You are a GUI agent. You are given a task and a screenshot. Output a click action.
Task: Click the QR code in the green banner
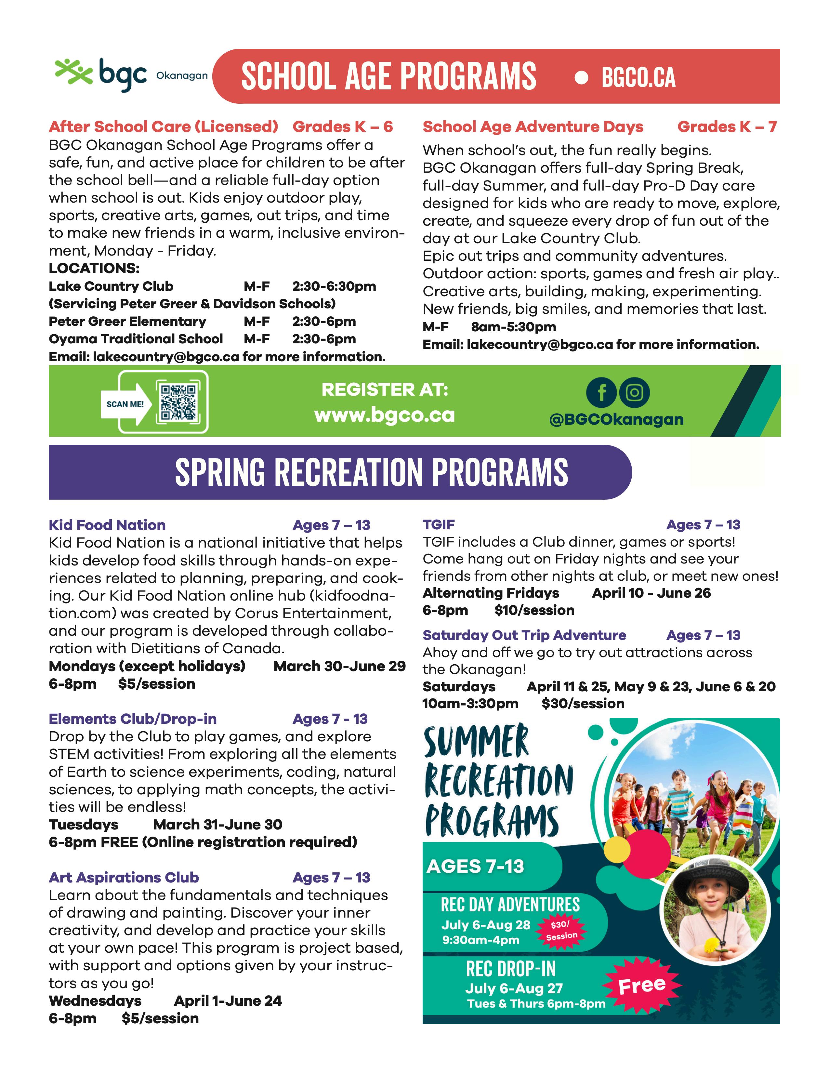(x=178, y=401)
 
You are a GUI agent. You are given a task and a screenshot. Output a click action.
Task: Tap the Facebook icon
(x=601, y=392)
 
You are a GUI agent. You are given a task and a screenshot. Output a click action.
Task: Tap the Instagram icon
(x=634, y=392)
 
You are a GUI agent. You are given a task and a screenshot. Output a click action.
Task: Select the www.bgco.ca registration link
(x=385, y=415)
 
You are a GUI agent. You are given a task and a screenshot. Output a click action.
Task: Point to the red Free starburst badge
(x=641, y=985)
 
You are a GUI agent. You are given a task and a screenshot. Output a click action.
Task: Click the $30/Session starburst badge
(x=561, y=930)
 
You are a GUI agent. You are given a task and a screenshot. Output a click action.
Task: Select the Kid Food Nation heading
(x=107, y=525)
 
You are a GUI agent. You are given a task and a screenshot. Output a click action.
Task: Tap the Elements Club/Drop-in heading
(x=133, y=719)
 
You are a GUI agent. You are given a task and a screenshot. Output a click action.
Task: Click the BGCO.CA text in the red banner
(x=638, y=78)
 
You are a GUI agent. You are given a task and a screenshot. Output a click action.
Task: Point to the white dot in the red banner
(x=581, y=78)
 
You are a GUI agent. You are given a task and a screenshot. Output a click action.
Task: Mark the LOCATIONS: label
(x=94, y=268)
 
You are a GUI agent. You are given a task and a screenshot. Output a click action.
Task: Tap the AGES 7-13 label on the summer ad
(x=475, y=866)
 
